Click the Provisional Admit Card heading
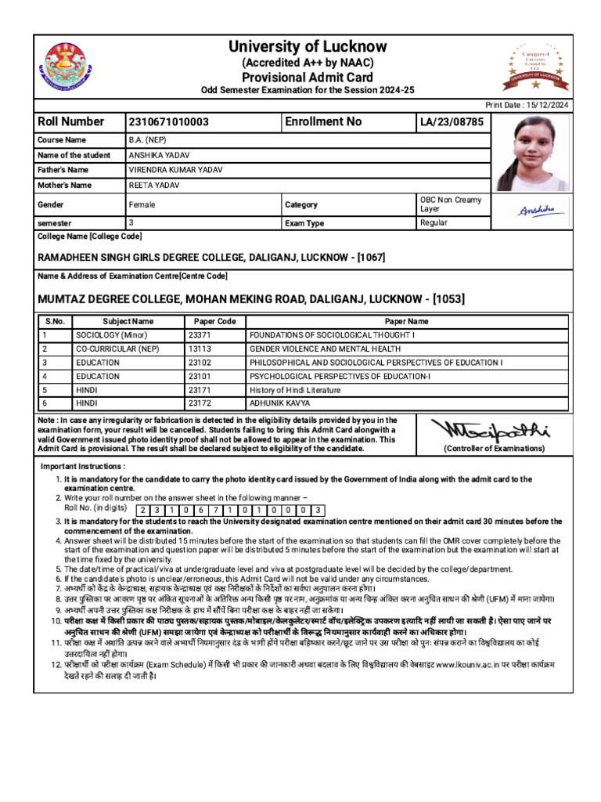pos(308,77)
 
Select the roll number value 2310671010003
pos(168,121)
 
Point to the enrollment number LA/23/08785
pos(452,122)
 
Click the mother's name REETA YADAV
pos(154,186)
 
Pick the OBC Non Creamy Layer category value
pos(451,204)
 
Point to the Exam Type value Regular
pos(434,223)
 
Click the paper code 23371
pos(200,334)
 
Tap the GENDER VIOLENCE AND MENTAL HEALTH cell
pos(325,349)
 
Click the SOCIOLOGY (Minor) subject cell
pos(111,334)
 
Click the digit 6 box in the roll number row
pos(200,510)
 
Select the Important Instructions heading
pos(83,467)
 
